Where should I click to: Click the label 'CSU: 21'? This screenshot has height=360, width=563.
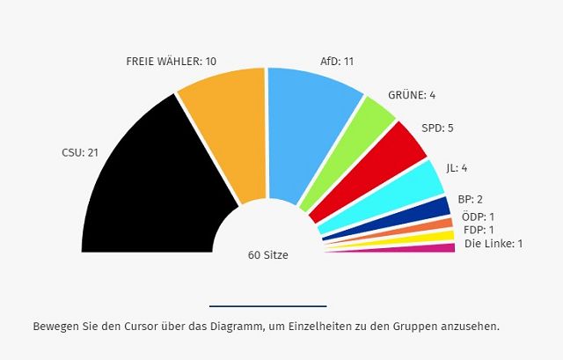tap(80, 152)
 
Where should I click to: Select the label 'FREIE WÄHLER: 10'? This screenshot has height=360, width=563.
tap(172, 62)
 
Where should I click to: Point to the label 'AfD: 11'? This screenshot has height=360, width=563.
tap(337, 62)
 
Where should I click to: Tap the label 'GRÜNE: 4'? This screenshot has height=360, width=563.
tap(412, 95)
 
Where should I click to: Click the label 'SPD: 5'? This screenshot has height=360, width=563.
tap(437, 128)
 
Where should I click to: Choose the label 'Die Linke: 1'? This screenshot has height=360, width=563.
tap(494, 243)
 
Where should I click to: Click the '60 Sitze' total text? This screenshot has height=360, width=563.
tap(268, 255)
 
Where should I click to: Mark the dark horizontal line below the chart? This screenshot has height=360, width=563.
tap(267, 305)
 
